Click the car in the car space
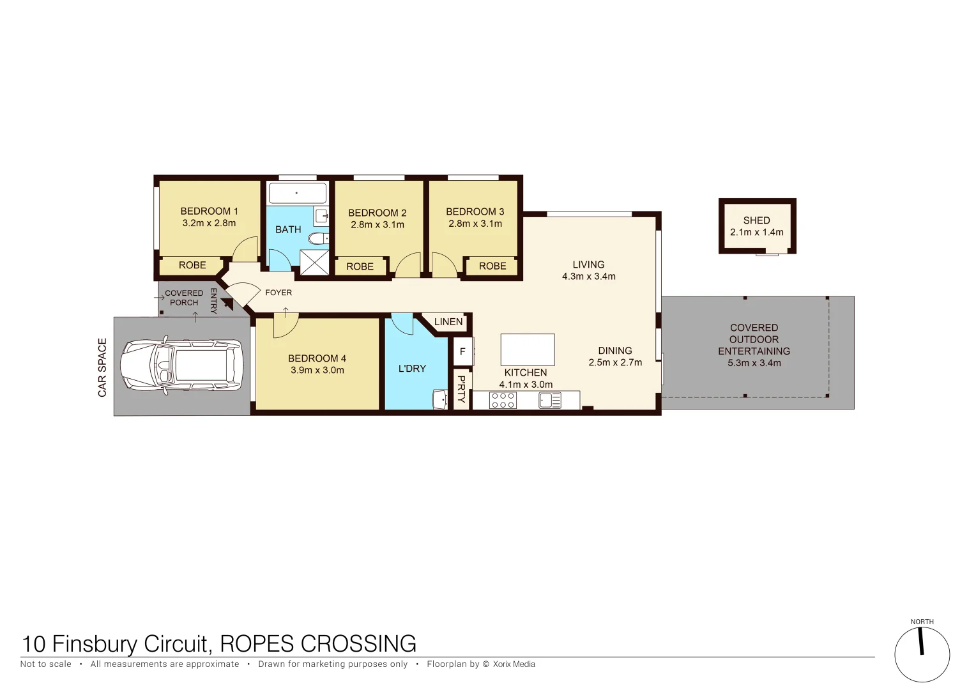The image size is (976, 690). click(x=182, y=365)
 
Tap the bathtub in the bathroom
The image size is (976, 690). click(x=297, y=192)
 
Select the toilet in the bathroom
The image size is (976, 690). click(x=318, y=239)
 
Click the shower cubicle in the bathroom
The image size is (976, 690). click(x=314, y=263)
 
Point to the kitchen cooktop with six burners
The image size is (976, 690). click(x=503, y=401)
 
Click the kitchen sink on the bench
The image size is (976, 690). click(x=549, y=401)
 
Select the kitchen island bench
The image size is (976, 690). click(x=527, y=349)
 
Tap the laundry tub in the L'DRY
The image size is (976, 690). click(x=440, y=399)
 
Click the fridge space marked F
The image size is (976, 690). click(x=462, y=351)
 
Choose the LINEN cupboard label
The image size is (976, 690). click(x=448, y=322)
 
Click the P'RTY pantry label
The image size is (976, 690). click(x=462, y=389)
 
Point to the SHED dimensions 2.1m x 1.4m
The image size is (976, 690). click(x=756, y=233)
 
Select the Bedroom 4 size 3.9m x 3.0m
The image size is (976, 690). click(x=317, y=371)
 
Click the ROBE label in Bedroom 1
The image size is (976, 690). click(x=192, y=265)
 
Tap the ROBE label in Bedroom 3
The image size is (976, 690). click(x=492, y=266)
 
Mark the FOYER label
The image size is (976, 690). click(x=278, y=293)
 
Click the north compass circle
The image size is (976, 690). click(x=922, y=655)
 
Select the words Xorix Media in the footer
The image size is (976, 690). click(x=514, y=664)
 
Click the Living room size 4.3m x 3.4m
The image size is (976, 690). click(x=588, y=277)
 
